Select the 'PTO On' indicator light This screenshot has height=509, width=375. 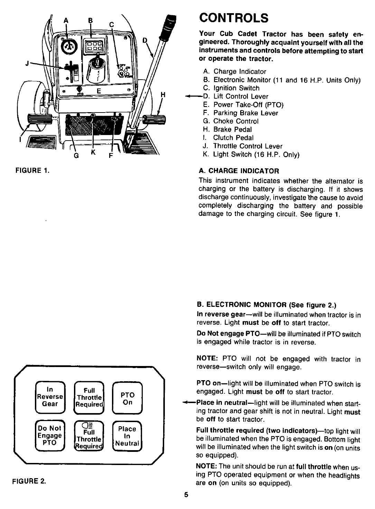point(127,399)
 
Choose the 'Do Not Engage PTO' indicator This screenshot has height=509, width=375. point(50,435)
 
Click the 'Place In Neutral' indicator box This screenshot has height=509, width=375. point(127,436)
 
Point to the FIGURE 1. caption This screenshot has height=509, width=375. point(31,170)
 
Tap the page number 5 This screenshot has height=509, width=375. point(186,494)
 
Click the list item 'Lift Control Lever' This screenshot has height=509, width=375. point(241,96)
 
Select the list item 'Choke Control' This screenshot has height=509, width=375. point(236,121)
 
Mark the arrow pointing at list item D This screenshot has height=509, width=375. point(191,96)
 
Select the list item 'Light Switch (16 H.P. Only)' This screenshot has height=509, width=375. point(256,154)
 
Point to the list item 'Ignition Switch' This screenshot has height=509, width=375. point(236,88)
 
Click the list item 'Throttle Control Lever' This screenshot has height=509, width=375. point(247,146)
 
